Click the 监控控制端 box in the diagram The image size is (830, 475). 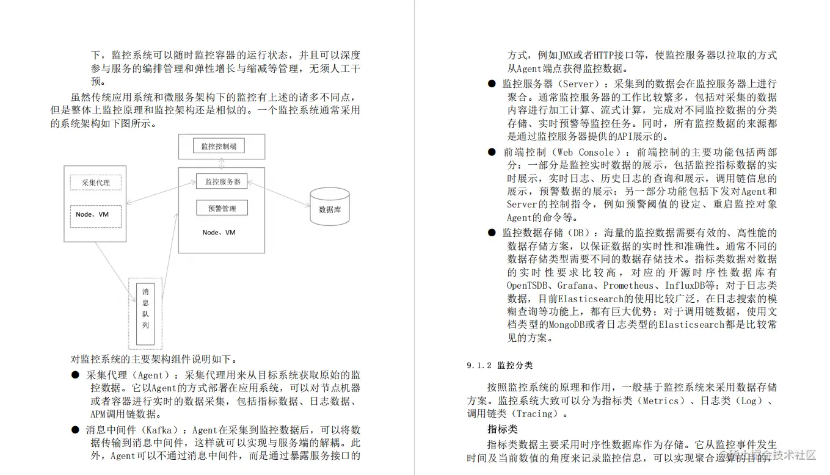pos(219,146)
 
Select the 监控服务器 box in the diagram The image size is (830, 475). pos(222,181)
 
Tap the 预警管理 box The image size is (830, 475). pos(221,208)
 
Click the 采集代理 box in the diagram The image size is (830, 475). pos(95,183)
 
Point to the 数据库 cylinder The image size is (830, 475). pos(330,208)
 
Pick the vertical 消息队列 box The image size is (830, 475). pos(145,314)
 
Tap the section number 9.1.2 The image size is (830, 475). pos(479,366)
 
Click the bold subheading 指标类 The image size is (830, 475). pos(502,429)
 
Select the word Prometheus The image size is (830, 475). pos(630,286)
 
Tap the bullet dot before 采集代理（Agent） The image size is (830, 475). pos(75,375)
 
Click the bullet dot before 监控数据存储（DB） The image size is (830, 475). pos(492,233)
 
